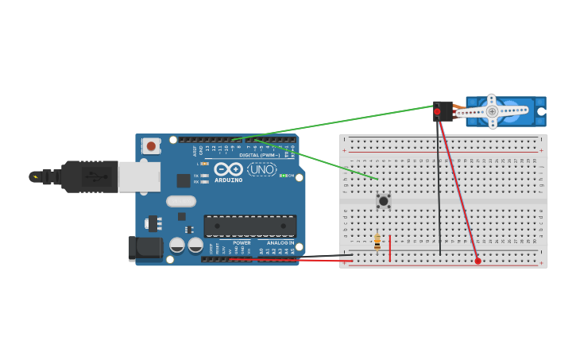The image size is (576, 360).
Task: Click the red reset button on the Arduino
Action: coord(151,146)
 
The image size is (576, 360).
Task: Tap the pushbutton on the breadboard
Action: coord(383,201)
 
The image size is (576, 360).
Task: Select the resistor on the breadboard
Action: coord(377,242)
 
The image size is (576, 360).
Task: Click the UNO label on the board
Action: coord(262,169)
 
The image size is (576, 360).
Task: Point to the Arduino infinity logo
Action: coord(228,169)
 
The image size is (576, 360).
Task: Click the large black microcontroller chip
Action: coord(249,226)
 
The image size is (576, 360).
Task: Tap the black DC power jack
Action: coord(145,249)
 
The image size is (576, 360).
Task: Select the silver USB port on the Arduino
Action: coord(139,176)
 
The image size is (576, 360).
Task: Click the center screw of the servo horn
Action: coord(492,111)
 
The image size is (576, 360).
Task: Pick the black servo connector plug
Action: coord(443,110)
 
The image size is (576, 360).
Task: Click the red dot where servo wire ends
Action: coord(477,261)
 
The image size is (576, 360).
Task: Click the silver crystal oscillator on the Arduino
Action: coord(181,201)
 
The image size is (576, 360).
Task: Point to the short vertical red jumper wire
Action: coord(389,247)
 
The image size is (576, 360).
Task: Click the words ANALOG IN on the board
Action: coord(280,242)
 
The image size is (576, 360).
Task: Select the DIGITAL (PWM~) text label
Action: coord(259,154)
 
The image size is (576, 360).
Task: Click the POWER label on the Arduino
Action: coord(242,242)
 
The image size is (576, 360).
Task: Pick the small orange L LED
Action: coord(205,164)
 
